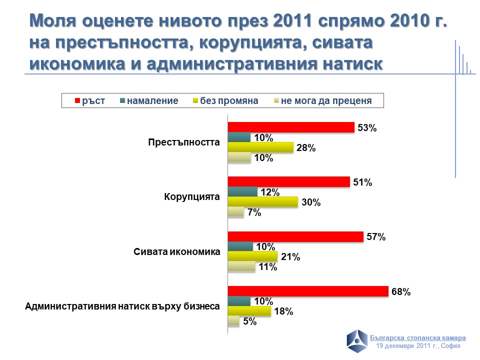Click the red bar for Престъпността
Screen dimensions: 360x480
coord(291,127)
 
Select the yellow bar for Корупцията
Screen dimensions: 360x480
coord(262,202)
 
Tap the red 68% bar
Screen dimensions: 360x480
coord(308,291)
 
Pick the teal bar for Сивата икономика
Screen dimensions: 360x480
coord(240,246)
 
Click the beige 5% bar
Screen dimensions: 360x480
coord(233,321)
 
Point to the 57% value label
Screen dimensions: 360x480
coord(375,237)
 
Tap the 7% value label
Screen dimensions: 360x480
coord(254,213)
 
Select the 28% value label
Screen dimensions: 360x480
coord(305,148)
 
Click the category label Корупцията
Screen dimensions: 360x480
coord(192,197)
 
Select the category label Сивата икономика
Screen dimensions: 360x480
coord(177,251)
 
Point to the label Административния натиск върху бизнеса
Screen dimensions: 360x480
coord(122,306)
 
